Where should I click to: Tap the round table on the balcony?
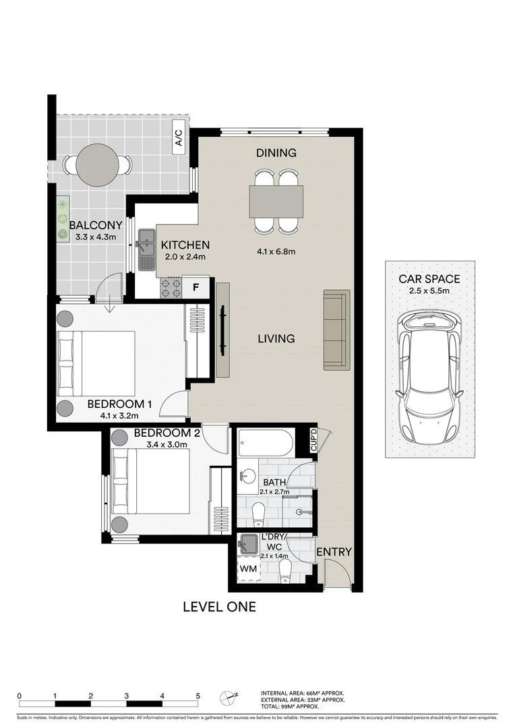coord(98,164)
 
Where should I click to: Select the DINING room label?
coord(276,153)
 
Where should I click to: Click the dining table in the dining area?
coord(276,201)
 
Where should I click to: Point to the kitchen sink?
coord(146,249)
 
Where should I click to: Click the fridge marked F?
coord(196,287)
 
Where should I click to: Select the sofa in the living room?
coord(336,330)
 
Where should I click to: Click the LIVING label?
coord(276,338)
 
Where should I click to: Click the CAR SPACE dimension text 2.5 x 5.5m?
coord(429,291)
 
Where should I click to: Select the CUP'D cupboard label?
coord(313,442)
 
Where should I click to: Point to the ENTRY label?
coord(334,552)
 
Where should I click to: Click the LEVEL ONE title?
coord(220,607)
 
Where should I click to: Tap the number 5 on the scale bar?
coord(198,696)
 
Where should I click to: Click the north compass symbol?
coord(230,697)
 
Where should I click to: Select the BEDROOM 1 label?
coord(119,404)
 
